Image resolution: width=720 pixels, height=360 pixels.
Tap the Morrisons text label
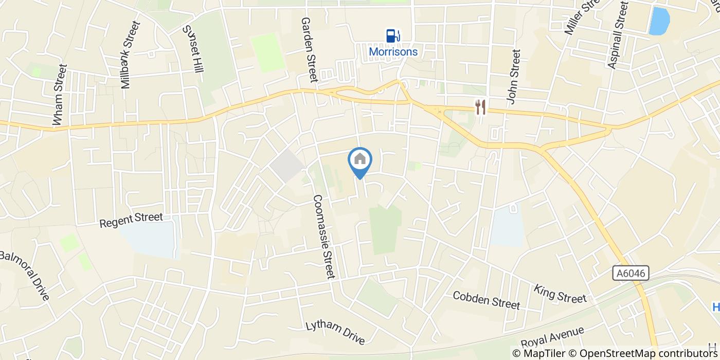coord(393,52)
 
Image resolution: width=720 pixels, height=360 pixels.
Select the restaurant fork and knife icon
coord(480,107)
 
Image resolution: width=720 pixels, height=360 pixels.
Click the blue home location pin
coord(360,160)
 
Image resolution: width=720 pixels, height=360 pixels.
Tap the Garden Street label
coord(310,49)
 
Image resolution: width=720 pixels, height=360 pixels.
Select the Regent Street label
coord(131,221)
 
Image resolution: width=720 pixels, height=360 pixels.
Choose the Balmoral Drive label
coord(25,275)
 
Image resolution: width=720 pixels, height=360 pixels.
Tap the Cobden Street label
coord(487,300)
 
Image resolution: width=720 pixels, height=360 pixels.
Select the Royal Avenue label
coord(552,337)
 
